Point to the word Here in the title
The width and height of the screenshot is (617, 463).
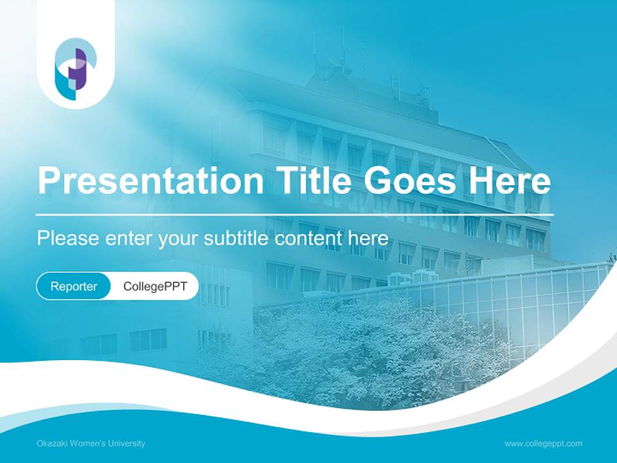509,181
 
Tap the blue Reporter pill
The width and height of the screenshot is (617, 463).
74,286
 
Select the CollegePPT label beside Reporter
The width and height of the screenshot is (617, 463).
155,286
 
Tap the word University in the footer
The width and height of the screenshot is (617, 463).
127,443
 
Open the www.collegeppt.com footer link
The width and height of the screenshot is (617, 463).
543,443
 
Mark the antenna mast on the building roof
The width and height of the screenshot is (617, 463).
343,48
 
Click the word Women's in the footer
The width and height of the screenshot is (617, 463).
90,443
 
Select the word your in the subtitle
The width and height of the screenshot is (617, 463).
179,239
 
